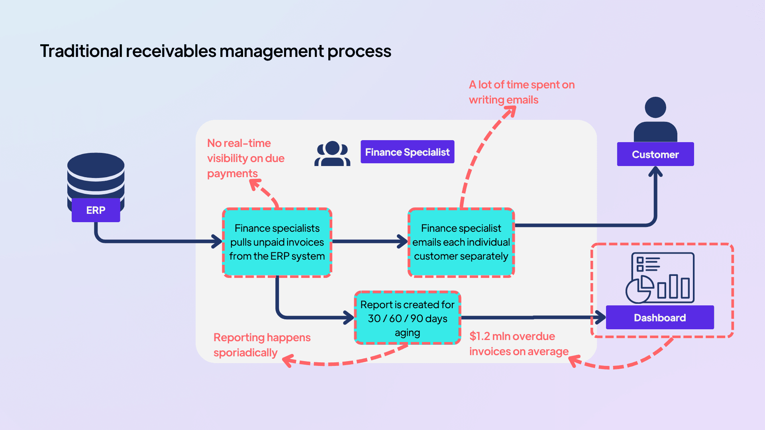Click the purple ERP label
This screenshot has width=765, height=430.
click(x=96, y=210)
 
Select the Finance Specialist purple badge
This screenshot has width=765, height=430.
click(x=407, y=152)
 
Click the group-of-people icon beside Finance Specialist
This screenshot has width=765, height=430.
click(x=332, y=154)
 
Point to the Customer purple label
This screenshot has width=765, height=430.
click(x=655, y=154)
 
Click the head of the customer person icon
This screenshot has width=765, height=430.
click(x=655, y=107)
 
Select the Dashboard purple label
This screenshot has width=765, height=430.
click(x=659, y=318)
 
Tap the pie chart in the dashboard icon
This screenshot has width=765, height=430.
click(x=639, y=290)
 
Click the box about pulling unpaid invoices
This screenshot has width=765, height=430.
click(x=277, y=242)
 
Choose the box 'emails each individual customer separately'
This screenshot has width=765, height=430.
click(x=461, y=242)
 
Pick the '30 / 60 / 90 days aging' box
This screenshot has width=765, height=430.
click(x=407, y=318)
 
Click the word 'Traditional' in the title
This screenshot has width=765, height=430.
click(x=81, y=51)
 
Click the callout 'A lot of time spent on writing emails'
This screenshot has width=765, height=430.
click(x=521, y=92)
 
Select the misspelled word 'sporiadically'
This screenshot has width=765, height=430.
click(x=245, y=353)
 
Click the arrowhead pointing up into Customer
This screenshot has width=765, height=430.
click(x=655, y=172)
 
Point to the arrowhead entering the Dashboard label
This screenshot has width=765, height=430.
click(x=600, y=318)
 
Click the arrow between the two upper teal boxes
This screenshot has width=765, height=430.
click(x=369, y=241)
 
